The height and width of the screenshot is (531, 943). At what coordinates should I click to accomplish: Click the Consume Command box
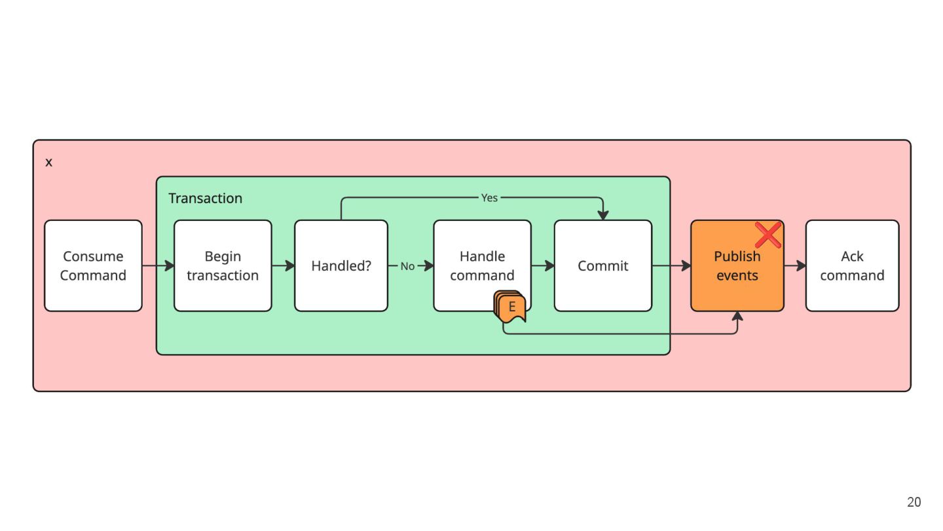coord(93,265)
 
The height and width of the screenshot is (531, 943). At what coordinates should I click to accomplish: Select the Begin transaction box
coord(223,265)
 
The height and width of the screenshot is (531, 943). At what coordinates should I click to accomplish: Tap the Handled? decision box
coord(341,265)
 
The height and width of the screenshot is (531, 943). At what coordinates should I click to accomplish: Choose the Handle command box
coord(482,265)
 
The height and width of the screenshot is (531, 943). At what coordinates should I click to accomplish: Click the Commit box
coord(603,265)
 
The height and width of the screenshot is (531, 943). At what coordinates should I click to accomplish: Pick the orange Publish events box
coord(737,265)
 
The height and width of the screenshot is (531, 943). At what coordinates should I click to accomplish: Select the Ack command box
coord(852,265)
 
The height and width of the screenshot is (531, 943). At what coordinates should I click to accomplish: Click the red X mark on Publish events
coord(768,235)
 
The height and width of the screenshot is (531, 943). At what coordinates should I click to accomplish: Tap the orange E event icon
coord(509,306)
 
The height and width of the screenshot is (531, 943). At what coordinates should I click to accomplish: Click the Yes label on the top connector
coord(489,198)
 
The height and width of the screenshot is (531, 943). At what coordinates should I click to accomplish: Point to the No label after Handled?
coord(407,266)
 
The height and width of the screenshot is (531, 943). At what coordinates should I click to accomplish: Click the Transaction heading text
coord(206,198)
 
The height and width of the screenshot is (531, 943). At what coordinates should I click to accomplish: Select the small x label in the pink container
coord(49,163)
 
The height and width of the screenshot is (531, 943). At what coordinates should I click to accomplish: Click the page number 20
coord(914,502)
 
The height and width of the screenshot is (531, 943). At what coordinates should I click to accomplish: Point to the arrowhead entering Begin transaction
coord(169,265)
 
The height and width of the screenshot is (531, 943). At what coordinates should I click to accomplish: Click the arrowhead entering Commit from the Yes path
coord(603,215)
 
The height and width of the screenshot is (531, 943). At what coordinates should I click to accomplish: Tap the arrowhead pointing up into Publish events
coord(737,317)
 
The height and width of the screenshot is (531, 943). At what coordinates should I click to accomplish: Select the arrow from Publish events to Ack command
coord(795,265)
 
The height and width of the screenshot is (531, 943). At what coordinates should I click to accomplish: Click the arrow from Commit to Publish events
coord(671,265)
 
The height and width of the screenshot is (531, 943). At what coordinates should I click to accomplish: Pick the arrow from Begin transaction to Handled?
coord(284,265)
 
